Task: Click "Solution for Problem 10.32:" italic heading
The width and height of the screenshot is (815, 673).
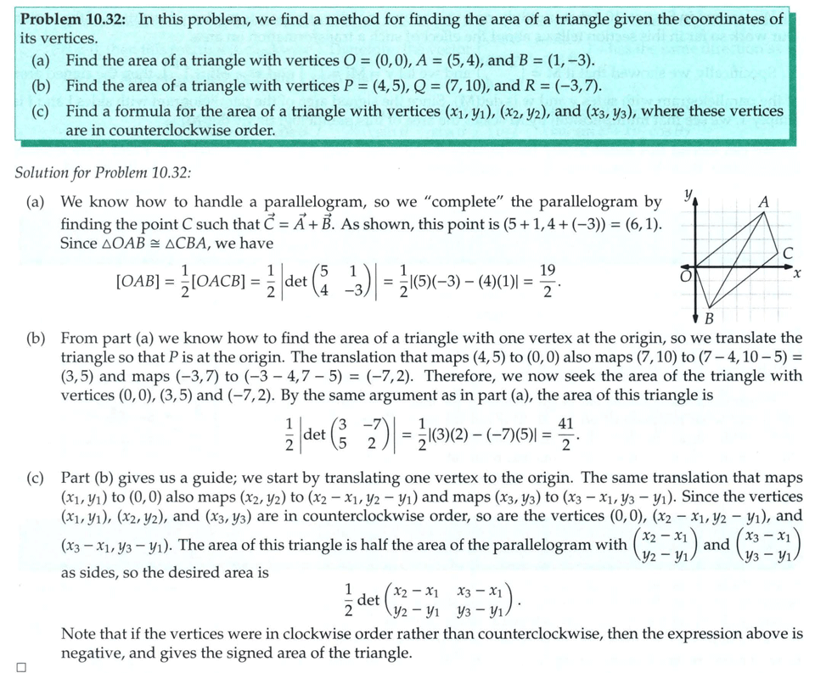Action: pyautogui.click(x=104, y=172)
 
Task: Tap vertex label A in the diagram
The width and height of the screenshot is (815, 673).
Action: pyautogui.click(x=763, y=202)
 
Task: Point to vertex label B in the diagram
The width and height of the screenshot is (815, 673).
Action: pyautogui.click(x=710, y=318)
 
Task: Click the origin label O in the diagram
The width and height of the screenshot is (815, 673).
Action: pyautogui.click(x=682, y=274)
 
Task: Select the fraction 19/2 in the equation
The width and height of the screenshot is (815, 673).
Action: pyautogui.click(x=548, y=281)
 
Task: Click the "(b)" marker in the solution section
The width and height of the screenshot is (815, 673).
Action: pyautogui.click(x=37, y=338)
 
